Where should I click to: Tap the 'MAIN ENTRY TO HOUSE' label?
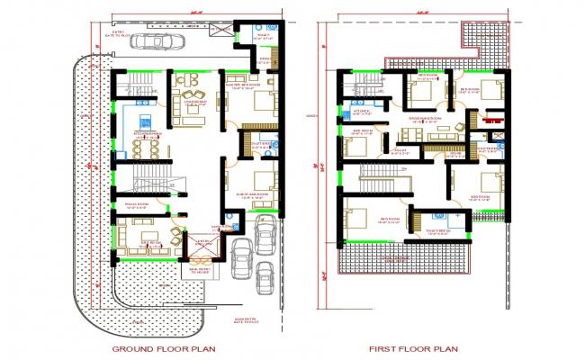[200, 269]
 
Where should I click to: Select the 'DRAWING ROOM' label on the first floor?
[423, 118]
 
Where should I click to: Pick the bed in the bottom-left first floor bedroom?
[355, 219]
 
